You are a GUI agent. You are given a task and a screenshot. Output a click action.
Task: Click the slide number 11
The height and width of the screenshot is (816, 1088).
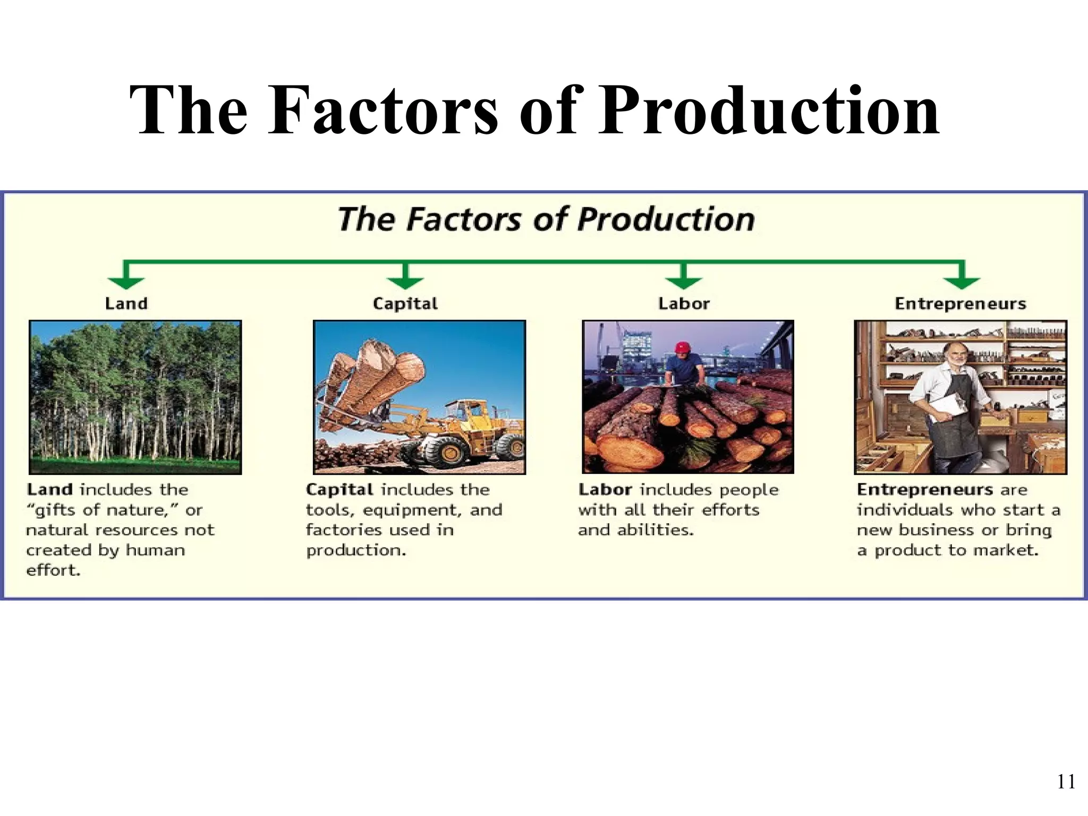point(1066,782)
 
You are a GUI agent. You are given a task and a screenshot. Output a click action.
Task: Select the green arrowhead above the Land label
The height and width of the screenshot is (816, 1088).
point(125,282)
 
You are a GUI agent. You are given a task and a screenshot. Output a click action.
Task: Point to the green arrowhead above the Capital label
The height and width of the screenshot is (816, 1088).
point(405,282)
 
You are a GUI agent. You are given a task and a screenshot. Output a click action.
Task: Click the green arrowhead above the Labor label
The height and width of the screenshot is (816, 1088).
point(684,282)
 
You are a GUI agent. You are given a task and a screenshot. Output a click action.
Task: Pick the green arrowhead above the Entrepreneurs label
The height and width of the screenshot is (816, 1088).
point(961,282)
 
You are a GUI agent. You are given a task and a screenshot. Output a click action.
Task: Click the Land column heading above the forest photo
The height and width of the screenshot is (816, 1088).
point(126,304)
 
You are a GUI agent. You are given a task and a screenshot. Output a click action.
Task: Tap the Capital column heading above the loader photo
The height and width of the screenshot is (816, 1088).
point(405,304)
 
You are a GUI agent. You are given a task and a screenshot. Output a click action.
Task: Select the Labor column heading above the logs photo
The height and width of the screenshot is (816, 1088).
point(684,304)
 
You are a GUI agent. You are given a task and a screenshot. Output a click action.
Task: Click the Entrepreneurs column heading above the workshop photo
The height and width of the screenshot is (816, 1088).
point(960,304)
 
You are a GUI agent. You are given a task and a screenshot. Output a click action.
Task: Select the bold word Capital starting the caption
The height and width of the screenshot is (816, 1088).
point(339,490)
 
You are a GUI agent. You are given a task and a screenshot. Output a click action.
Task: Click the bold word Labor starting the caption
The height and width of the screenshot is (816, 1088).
point(605,490)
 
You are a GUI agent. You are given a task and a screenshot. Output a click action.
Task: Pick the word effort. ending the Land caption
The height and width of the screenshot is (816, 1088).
point(53,571)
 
